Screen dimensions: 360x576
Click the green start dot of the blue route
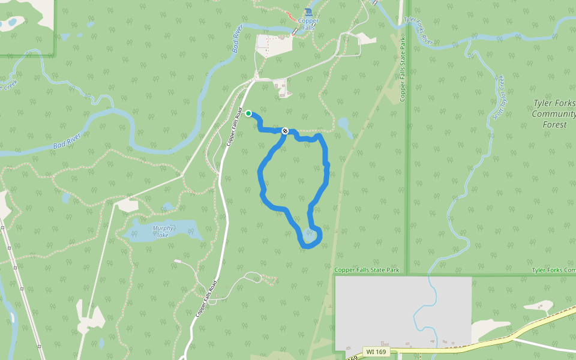[x=248, y=113]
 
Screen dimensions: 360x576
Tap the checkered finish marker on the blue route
[x=285, y=131]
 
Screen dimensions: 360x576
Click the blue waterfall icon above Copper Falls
[x=308, y=13]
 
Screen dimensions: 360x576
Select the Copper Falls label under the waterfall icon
[x=308, y=24]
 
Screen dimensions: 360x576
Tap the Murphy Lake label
[x=163, y=231]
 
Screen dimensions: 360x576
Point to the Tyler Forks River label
[x=418, y=31]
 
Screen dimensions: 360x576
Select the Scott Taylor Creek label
[x=498, y=96]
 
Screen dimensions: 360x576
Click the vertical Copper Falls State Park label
[x=403, y=70]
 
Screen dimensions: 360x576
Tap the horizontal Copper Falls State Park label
[x=367, y=270]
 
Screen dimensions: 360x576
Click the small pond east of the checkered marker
[x=344, y=125]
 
